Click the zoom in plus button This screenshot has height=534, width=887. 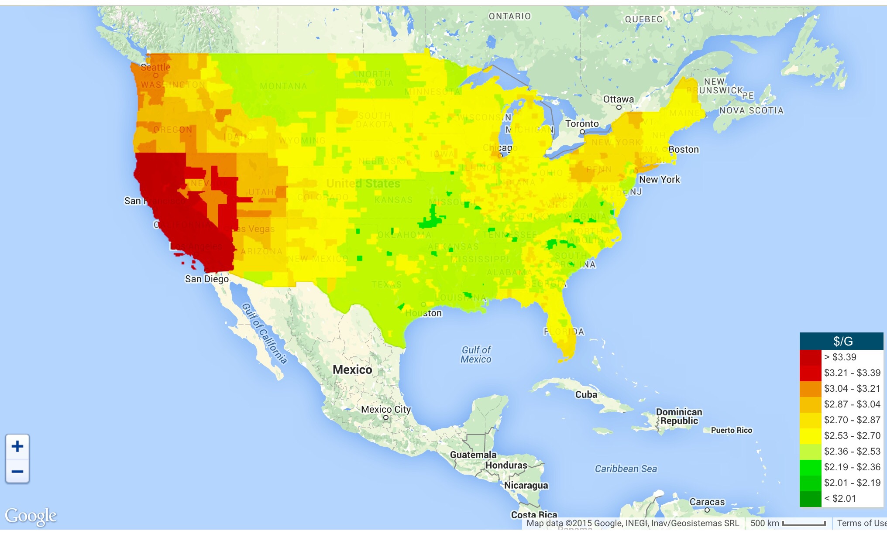tap(17, 446)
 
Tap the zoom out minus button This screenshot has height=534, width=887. tap(17, 472)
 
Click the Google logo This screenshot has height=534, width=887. tap(31, 516)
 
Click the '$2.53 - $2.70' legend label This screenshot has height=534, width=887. tap(852, 436)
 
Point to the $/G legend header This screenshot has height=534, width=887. tap(842, 341)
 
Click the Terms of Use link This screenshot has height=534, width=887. tap(861, 523)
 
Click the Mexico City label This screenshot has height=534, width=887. tap(386, 410)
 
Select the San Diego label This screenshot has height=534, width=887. tap(207, 279)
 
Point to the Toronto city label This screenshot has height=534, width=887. tap(582, 124)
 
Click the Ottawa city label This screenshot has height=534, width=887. tap(618, 99)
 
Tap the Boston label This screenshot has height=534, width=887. tap(684, 150)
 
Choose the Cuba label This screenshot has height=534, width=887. tap(586, 395)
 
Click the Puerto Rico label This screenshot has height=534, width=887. tap(732, 431)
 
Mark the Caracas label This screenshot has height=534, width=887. tap(707, 502)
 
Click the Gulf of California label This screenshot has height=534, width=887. tap(265, 333)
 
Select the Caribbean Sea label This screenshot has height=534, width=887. tap(626, 469)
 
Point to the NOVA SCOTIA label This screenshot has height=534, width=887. tap(751, 111)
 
